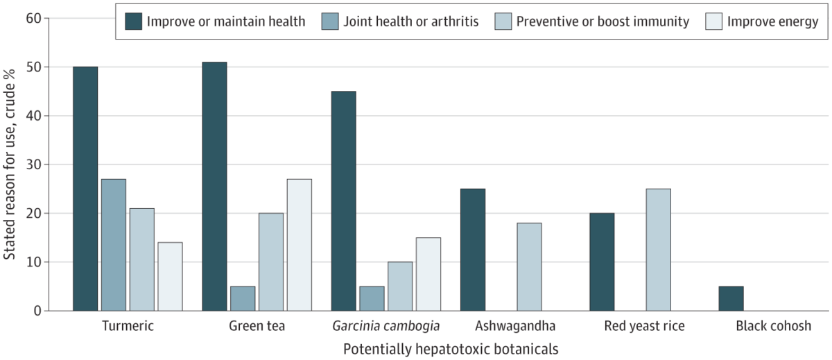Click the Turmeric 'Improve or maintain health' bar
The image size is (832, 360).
85,189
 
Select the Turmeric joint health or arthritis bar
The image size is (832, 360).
114,245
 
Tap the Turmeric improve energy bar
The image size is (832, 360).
171,276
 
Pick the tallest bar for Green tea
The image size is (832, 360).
214,187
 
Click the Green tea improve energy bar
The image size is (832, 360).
300,245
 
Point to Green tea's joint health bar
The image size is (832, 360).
243,298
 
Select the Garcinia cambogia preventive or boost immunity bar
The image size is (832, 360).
400,286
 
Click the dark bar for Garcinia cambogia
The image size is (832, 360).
344,201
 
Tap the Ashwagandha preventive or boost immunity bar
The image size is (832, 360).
529,266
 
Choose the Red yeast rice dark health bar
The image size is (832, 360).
602,262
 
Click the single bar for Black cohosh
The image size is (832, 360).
731,298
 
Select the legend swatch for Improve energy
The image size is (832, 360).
713,22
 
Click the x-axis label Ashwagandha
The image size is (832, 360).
515,326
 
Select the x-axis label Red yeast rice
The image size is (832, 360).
643,326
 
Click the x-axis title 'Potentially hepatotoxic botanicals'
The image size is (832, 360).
450,348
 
